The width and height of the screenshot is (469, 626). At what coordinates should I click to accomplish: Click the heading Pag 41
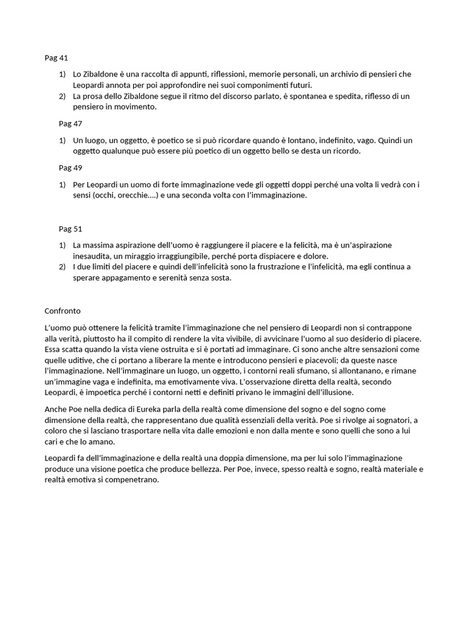tap(56, 58)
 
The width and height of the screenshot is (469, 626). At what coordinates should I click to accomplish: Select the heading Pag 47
tap(70, 123)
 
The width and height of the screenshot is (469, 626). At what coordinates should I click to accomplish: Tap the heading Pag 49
tap(70, 168)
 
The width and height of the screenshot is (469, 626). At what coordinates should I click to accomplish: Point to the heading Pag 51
tap(70, 229)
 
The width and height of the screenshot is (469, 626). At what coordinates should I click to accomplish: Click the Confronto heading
tap(62, 311)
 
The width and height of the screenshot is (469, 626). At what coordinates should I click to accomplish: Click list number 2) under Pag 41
tap(62, 97)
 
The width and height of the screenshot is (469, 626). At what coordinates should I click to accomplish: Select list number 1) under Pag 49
tap(62, 185)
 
